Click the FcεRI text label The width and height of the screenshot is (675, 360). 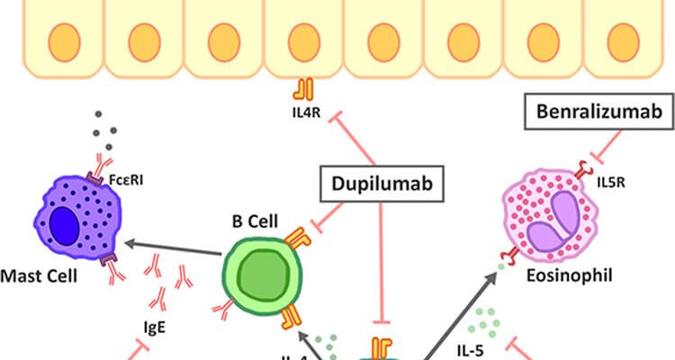point(134,178)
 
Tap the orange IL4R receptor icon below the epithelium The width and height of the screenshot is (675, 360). point(302,89)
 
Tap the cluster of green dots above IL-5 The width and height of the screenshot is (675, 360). point(485,319)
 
